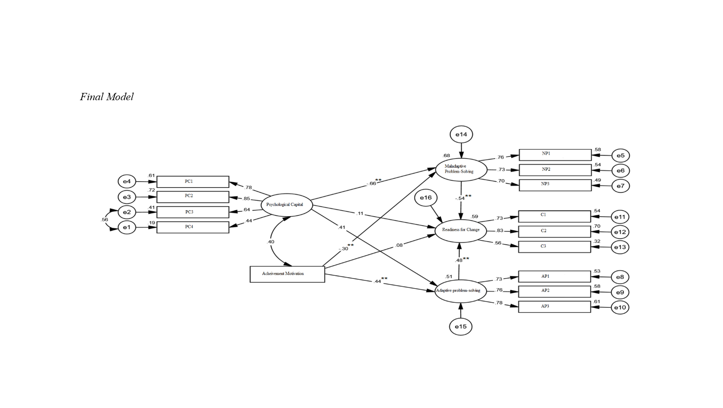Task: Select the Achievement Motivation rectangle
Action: click(x=287, y=274)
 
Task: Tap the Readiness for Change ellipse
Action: click(x=460, y=230)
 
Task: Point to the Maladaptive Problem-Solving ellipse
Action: click(x=461, y=169)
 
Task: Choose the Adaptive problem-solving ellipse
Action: click(x=460, y=291)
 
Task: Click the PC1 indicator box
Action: click(x=193, y=182)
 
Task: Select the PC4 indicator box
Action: click(x=193, y=227)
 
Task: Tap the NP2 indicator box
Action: click(x=555, y=170)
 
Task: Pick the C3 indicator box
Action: click(x=554, y=247)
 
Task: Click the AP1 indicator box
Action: click(x=554, y=277)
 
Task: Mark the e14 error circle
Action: click(x=461, y=135)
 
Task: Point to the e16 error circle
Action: click(x=425, y=198)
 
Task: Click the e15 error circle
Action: click(x=460, y=327)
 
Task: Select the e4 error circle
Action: click(x=127, y=182)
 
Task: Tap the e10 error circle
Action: click(x=620, y=307)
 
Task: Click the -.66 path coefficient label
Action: click(x=371, y=183)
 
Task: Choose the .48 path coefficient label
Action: click(x=459, y=260)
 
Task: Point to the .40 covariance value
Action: click(x=270, y=242)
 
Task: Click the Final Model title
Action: click(x=107, y=97)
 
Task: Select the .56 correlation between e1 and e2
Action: click(x=104, y=220)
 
